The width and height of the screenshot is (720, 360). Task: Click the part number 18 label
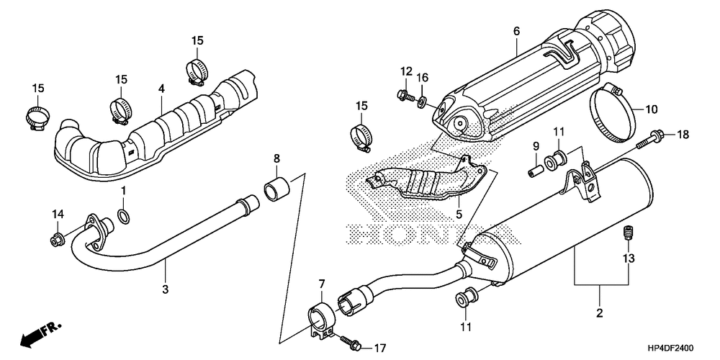coord(683,135)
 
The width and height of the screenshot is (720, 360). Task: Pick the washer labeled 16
coord(420,99)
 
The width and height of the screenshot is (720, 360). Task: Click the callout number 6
coord(516,32)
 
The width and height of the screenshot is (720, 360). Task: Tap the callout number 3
coord(166,289)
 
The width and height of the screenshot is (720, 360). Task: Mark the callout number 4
coord(162,89)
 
